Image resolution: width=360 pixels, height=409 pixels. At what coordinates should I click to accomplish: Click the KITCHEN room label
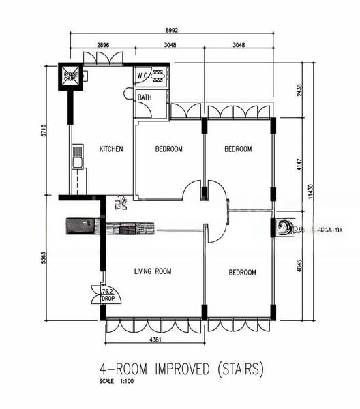111,149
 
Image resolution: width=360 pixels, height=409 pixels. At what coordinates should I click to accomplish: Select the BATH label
145,97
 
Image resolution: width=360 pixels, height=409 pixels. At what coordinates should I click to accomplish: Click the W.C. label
143,76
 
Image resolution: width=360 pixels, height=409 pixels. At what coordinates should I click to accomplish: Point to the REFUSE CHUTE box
70,76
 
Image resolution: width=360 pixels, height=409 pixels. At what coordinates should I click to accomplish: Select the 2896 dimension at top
104,45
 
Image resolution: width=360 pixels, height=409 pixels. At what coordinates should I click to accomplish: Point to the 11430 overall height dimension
328,192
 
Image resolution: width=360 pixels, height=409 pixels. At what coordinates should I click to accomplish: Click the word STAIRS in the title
238,369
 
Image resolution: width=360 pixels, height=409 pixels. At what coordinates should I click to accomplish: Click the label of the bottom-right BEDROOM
242,273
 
